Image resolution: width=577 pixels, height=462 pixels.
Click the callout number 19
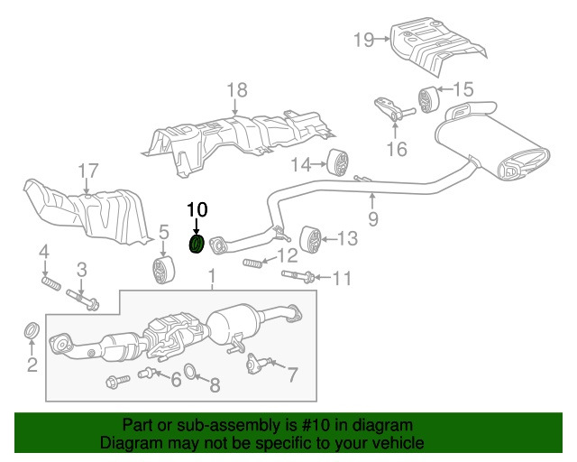point(363,39)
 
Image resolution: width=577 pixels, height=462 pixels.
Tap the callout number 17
point(86,171)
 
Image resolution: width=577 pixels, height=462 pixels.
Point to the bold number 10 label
point(197,209)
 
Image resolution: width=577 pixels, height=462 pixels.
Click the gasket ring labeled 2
point(31,331)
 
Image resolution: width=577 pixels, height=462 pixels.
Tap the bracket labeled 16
point(390,115)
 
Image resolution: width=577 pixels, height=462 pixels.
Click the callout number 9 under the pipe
point(373,217)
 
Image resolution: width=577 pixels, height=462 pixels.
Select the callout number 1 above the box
point(213,275)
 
